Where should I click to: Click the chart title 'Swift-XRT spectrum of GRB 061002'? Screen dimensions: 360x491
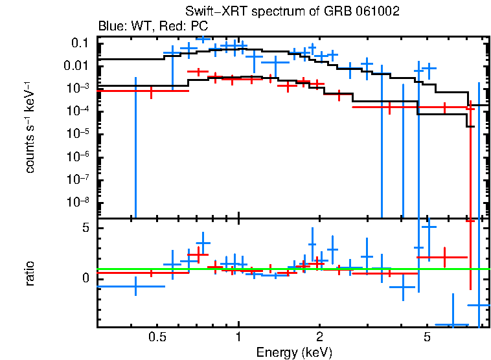pos(293,12)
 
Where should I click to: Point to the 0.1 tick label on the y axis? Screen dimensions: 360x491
pos(80,43)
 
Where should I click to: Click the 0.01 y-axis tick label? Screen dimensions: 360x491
pos(77,65)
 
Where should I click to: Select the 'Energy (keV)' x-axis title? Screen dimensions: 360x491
pos(293,352)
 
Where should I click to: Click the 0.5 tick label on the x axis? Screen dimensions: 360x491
pos(156,337)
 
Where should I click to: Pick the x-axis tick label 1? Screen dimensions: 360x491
pos(238,337)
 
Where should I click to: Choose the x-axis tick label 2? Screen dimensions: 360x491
pos(319,337)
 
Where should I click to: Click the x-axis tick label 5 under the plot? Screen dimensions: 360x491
pos(427,337)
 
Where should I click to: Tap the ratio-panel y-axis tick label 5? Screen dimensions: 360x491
pos(84,229)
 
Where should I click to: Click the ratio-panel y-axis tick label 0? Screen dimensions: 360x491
pos(84,278)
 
